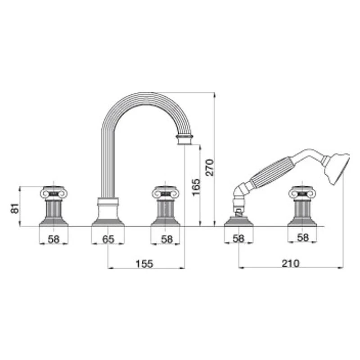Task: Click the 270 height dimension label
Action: click(209, 167)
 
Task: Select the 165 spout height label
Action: click(196, 187)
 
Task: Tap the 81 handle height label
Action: click(15, 208)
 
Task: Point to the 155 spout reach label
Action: click(144, 264)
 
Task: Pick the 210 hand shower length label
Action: click(291, 263)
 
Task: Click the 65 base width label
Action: click(108, 239)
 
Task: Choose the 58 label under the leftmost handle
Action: click(54, 239)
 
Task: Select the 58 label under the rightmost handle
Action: click(303, 238)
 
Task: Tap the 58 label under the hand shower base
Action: click(238, 238)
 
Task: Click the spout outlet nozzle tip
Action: click(184, 142)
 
